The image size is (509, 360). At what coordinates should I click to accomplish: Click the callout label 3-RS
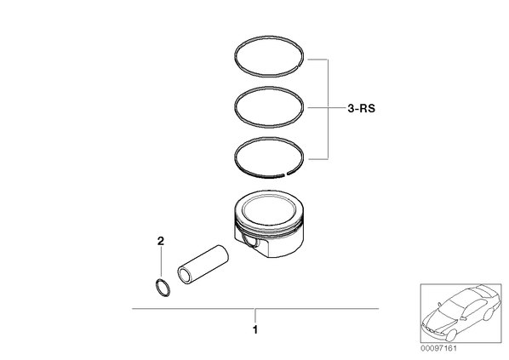(361, 108)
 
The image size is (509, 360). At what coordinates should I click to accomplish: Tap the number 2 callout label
(160, 241)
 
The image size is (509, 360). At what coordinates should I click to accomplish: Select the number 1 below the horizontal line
(255, 330)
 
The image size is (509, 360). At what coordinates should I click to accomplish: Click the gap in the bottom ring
(286, 174)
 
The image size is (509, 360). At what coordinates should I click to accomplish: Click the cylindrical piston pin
(203, 266)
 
